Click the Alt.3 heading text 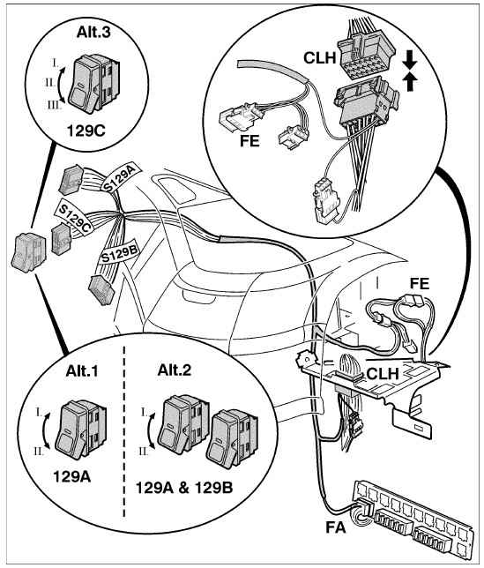[x=93, y=33]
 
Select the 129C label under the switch [x=86, y=131]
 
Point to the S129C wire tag [x=74, y=217]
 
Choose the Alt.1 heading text [x=82, y=371]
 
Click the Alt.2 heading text [x=175, y=370]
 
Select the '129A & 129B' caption [x=184, y=488]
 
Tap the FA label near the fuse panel [x=336, y=527]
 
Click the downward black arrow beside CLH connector [x=410, y=60]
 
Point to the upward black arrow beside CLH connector [x=410, y=81]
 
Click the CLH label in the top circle [x=320, y=57]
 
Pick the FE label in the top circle [x=249, y=141]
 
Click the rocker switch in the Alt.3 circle [x=95, y=82]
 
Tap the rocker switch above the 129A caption [x=82, y=430]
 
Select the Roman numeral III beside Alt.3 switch [x=54, y=106]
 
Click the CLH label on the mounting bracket [x=383, y=374]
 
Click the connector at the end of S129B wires [x=101, y=290]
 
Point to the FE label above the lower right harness [x=420, y=283]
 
